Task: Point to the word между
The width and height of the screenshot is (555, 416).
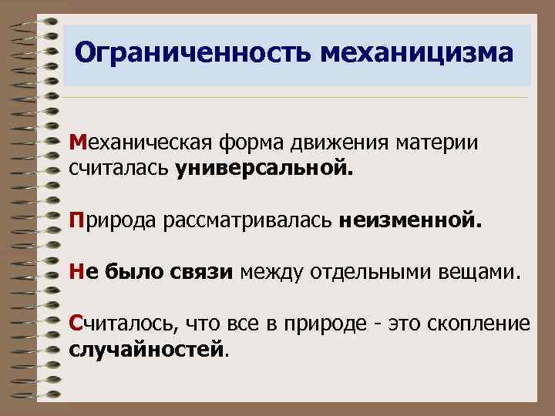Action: point(268,272)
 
